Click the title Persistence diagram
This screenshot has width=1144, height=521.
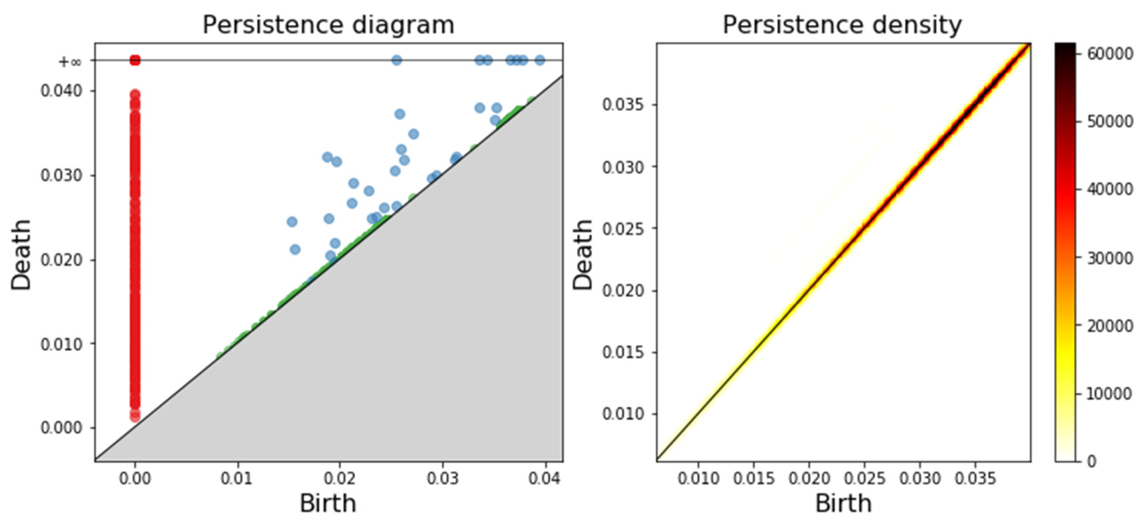[328, 24]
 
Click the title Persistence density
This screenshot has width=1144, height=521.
[842, 24]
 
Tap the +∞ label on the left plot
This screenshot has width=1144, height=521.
[70, 61]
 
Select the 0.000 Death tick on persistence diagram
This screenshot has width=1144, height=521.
[61, 428]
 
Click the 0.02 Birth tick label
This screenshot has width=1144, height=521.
[340, 478]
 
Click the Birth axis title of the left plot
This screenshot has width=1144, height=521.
[328, 503]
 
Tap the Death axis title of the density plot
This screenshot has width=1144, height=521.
[582, 254]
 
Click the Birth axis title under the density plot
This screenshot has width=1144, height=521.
[843, 503]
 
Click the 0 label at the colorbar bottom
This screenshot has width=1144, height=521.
[1091, 461]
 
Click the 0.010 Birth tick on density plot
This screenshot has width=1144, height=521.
[698, 478]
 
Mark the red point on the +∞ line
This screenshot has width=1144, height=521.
[135, 60]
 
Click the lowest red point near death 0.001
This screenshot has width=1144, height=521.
[135, 417]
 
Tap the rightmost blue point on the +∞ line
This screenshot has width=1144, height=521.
[540, 60]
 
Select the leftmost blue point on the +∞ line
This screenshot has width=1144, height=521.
[397, 60]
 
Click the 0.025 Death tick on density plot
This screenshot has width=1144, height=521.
[623, 229]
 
